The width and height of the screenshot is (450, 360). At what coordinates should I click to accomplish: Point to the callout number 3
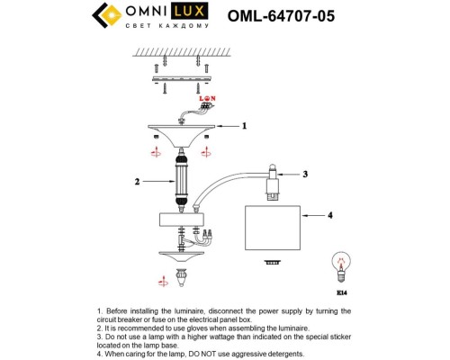[x=305, y=174]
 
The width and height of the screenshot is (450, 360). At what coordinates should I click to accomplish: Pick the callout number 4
[x=330, y=216]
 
